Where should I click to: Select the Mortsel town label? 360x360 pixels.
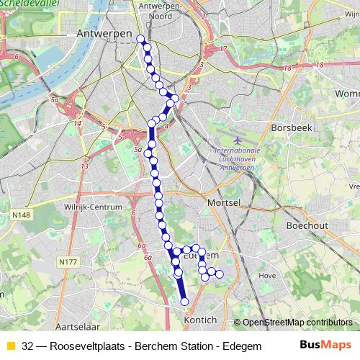click(x=223, y=204)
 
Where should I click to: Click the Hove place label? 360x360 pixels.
click(x=266, y=275)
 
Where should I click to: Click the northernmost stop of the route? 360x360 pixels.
click(x=140, y=40)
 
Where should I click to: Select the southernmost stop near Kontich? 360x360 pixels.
click(x=184, y=302)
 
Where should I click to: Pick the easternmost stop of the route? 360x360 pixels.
click(x=220, y=274)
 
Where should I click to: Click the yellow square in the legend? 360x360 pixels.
click(x=10, y=345)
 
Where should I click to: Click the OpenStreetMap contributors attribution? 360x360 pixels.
click(x=295, y=323)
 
